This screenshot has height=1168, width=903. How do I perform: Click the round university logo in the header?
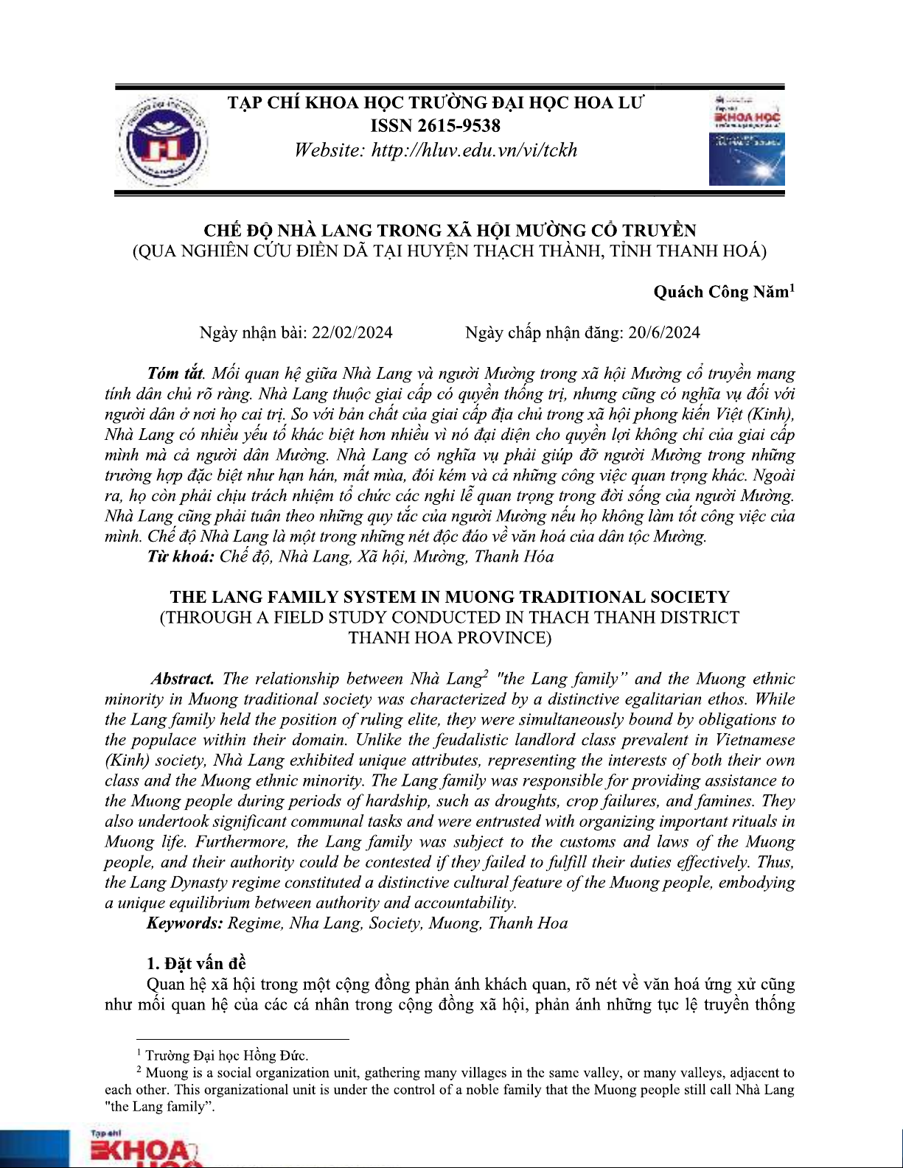[x=164, y=141]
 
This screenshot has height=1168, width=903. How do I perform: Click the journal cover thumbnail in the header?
[x=746, y=139]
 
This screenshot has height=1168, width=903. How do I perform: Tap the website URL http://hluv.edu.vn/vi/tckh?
[x=474, y=150]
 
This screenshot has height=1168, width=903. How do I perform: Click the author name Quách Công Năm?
[x=721, y=292]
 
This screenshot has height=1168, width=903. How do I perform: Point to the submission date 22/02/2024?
[x=352, y=332]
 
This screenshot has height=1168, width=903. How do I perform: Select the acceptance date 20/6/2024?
[x=664, y=332]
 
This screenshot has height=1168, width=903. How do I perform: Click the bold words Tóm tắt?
[x=175, y=374]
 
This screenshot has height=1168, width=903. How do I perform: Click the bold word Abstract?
[x=183, y=679]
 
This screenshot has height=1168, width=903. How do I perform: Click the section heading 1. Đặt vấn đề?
[x=196, y=963]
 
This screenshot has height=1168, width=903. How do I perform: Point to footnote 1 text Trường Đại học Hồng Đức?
[x=226, y=1056]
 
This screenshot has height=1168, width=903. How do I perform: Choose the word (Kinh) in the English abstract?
[x=127, y=760]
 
